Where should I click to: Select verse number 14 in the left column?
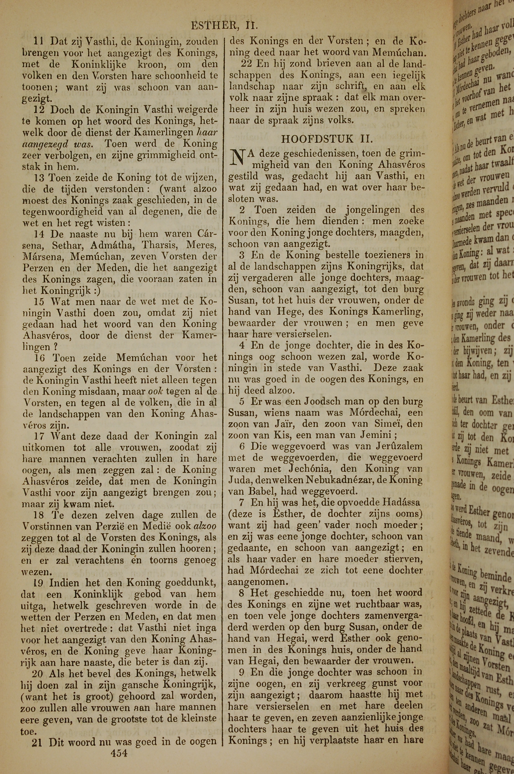point(41,234)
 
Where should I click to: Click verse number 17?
point(41,436)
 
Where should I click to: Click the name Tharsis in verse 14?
point(159,245)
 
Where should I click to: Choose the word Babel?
point(263,491)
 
